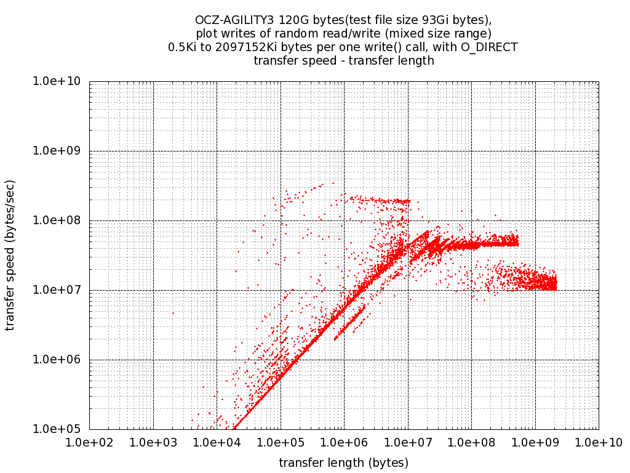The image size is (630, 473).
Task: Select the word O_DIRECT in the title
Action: pyautogui.click(x=489, y=47)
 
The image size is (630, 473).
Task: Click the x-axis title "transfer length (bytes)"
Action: pyautogui.click(x=343, y=462)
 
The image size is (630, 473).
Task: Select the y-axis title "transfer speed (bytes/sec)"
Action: pyautogui.click(x=10, y=255)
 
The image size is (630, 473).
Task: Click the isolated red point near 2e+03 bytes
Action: pyautogui.click(x=172, y=313)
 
